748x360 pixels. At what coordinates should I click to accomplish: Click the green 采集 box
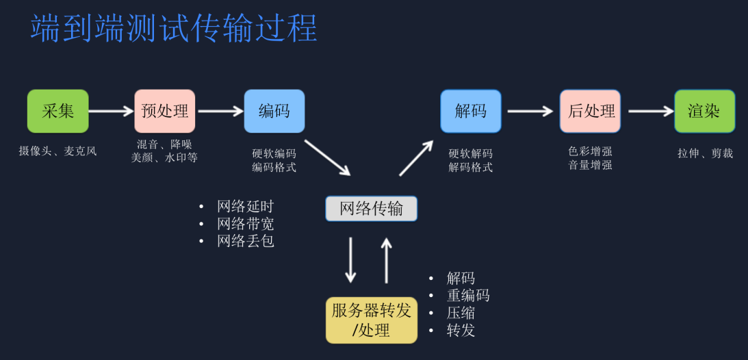[58, 111]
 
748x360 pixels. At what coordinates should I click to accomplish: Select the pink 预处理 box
[165, 111]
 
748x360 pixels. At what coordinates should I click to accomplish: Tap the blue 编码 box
[274, 111]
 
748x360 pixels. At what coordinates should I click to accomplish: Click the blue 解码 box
[471, 111]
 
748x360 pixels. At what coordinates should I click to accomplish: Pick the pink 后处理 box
[591, 111]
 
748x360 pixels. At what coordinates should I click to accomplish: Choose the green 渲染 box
[704, 111]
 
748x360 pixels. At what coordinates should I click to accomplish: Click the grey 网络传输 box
[371, 209]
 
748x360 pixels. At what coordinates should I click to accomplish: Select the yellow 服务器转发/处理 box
[371, 320]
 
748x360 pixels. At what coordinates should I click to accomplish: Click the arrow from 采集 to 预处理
[111, 111]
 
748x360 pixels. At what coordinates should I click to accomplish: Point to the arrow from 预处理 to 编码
[220, 111]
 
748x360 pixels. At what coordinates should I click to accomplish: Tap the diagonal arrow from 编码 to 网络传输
[327, 157]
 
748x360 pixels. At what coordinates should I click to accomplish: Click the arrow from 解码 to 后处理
[530, 111]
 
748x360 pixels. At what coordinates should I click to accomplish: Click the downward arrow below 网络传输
[350, 260]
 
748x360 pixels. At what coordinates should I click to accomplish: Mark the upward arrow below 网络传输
[387, 260]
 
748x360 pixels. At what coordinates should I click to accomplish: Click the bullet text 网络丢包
[245, 241]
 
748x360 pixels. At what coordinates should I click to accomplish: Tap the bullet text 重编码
[468, 296]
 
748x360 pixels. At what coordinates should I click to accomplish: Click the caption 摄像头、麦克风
[58, 151]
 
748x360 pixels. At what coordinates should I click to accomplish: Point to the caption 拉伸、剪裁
[705, 153]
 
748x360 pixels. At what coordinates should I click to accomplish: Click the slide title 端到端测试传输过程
[174, 29]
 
